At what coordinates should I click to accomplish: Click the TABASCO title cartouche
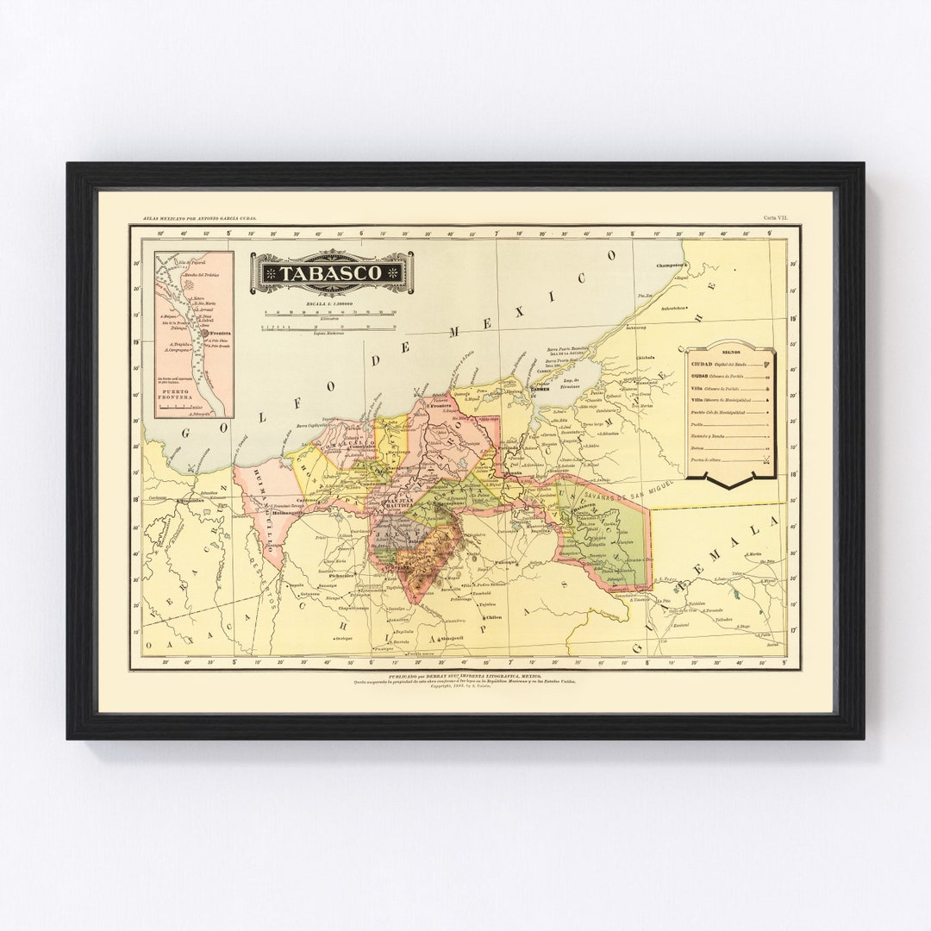[331, 272]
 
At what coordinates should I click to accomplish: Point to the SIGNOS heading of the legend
[730, 353]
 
